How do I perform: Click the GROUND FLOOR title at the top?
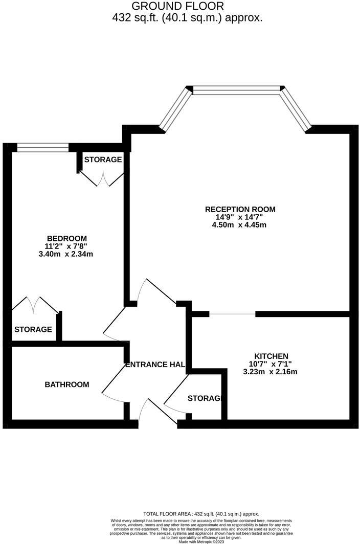177,7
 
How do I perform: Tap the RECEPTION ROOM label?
240,209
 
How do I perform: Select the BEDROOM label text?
67,238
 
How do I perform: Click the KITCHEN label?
272,356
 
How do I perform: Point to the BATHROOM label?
66,384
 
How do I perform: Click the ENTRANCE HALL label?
155,365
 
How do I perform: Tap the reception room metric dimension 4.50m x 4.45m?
240,225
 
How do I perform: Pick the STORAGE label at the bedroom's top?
103,160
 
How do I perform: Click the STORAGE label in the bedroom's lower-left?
33,329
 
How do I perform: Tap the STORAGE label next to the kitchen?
204,398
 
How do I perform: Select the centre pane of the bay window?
237,90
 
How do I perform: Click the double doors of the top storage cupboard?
102,179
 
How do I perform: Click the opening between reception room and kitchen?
233,314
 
